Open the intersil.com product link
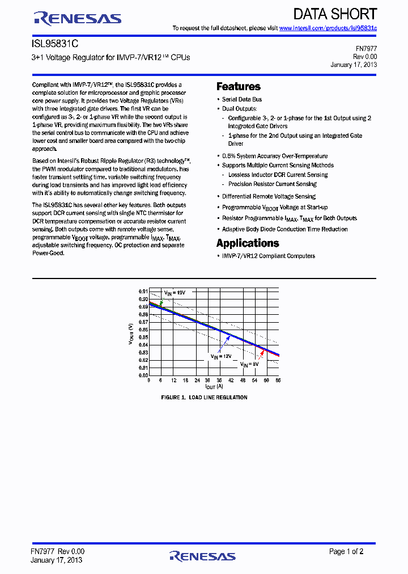coord(328,28)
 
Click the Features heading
coord(239,87)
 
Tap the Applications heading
coord(248,243)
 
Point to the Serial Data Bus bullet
coord(242,99)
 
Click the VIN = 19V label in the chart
coord(175,293)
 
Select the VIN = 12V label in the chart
coord(222,356)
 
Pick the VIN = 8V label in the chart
coord(249,364)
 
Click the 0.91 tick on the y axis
coord(143,291)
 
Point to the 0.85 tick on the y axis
coord(143,337)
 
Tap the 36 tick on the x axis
coord(219,380)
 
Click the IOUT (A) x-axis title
coord(214,386)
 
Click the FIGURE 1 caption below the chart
coord(204,398)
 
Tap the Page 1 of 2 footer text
coord(346,551)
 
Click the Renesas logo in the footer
coord(202,556)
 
